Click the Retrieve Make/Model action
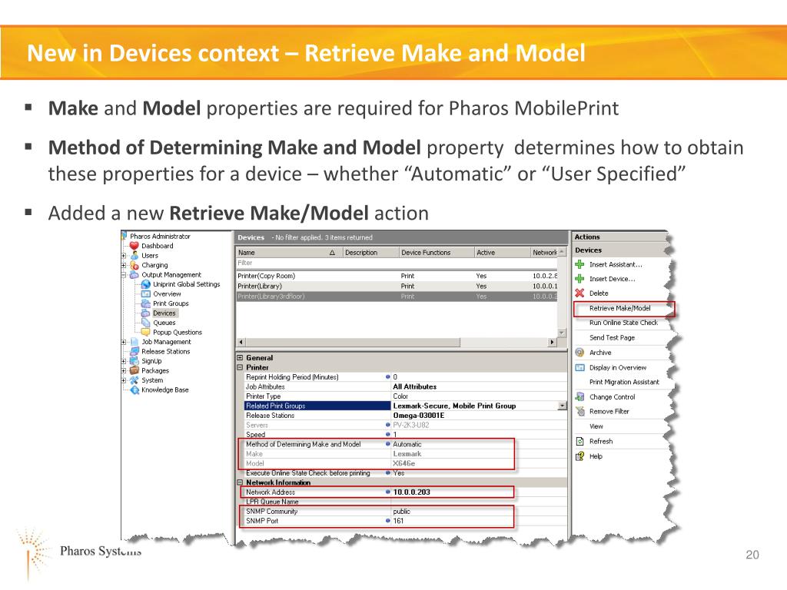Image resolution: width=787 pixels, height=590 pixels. [619, 308]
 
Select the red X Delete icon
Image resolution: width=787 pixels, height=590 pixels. [579, 293]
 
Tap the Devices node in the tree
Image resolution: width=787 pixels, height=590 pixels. [164, 313]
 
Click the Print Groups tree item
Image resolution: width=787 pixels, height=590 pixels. [170, 303]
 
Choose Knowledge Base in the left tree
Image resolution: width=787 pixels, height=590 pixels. [164, 390]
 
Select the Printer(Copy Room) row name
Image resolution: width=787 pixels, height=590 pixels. [266, 276]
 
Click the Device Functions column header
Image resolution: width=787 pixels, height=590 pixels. [426, 252]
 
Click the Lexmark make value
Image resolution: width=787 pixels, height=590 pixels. [407, 454]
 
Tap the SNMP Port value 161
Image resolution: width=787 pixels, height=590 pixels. [398, 521]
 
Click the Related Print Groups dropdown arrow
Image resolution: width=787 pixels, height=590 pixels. [563, 406]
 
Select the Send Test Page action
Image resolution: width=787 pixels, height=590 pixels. [612, 337]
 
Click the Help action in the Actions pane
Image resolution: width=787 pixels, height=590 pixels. [596, 456]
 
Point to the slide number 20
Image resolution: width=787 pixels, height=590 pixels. [752, 555]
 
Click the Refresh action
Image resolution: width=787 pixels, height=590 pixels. [600, 442]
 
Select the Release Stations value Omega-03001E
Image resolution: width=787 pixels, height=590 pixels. [419, 416]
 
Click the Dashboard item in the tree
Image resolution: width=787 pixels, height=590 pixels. [157, 246]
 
